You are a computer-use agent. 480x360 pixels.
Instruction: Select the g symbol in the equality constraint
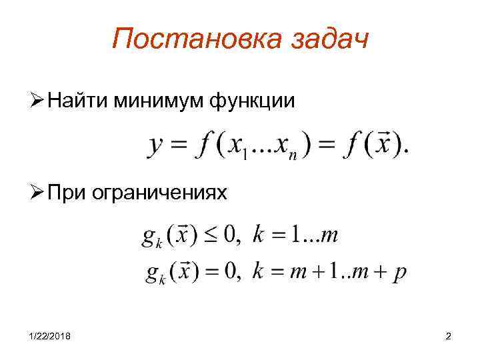[x=150, y=273]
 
